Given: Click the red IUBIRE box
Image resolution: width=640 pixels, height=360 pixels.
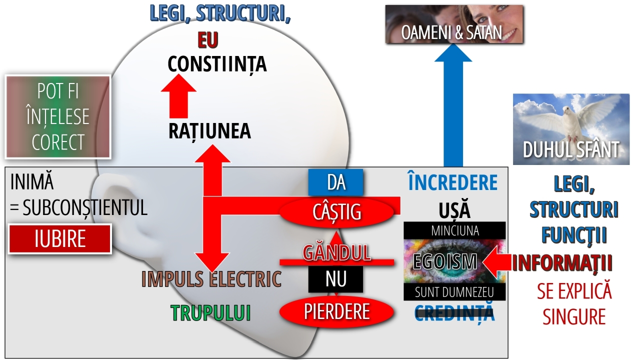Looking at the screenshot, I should (x=60, y=239).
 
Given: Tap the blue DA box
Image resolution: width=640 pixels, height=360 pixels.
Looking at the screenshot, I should (x=335, y=182).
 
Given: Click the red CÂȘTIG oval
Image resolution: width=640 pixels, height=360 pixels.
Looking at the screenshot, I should (x=336, y=211).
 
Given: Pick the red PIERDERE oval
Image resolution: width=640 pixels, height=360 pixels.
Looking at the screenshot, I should (x=336, y=311).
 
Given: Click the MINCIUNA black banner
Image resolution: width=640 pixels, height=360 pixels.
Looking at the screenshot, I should (x=454, y=230).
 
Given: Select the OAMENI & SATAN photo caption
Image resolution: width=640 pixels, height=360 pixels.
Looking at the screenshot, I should (x=451, y=33).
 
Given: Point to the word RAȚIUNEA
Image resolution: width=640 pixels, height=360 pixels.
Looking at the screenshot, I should (x=209, y=131).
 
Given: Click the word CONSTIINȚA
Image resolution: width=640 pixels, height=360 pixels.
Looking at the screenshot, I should (x=217, y=64).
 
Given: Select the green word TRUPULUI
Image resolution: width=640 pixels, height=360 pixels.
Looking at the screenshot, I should (x=210, y=312).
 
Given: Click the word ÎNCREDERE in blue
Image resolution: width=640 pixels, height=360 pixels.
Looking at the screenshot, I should (x=452, y=183).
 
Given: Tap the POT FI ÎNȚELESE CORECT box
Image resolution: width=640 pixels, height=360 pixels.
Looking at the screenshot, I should (x=57, y=117).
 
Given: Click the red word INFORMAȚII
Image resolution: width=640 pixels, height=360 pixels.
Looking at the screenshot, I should (x=562, y=263).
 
